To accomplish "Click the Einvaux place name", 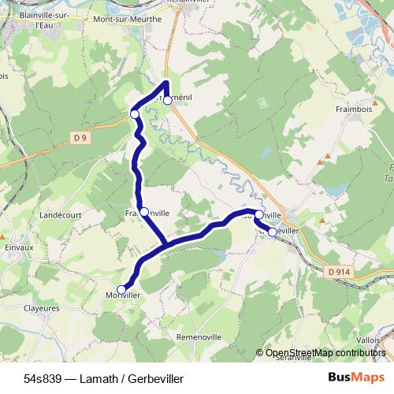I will pos(17,247).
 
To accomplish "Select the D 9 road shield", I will pos(79,138).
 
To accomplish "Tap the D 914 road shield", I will pos(337,272).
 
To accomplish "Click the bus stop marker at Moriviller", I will pos(121,289).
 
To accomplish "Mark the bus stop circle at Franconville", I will pos(144,211).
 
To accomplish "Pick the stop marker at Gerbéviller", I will pos(273,232).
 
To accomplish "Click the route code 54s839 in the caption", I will pos(43,378).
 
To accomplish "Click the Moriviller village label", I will pos(122,296).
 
